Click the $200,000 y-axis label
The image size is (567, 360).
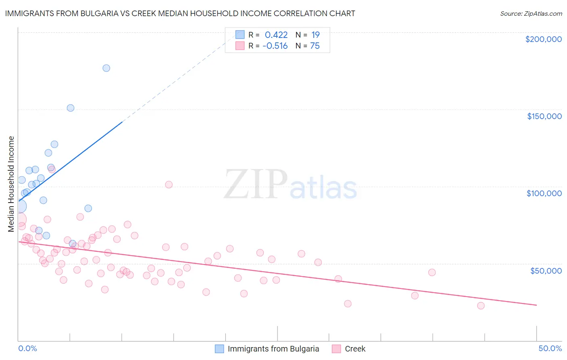point(543,39)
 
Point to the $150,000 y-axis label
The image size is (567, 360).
point(544,116)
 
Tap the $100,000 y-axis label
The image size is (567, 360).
point(544,193)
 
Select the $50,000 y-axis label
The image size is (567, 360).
point(546,270)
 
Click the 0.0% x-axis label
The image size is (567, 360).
point(27,348)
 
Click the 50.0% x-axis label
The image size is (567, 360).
point(550,348)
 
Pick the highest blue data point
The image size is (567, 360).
point(106,68)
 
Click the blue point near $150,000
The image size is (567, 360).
point(71,108)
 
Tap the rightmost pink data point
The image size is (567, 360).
point(481,306)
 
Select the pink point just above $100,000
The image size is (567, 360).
point(169,184)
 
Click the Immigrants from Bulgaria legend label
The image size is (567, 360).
point(273,349)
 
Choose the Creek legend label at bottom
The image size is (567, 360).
point(355,349)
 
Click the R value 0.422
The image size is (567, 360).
point(276,35)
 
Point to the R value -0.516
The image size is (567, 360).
point(275,46)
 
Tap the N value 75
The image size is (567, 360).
point(315,46)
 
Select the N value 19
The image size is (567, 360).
point(315,35)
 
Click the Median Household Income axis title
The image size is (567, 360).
point(11,184)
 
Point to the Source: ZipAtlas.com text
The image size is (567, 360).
point(531,13)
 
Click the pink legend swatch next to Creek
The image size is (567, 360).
point(336,349)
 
